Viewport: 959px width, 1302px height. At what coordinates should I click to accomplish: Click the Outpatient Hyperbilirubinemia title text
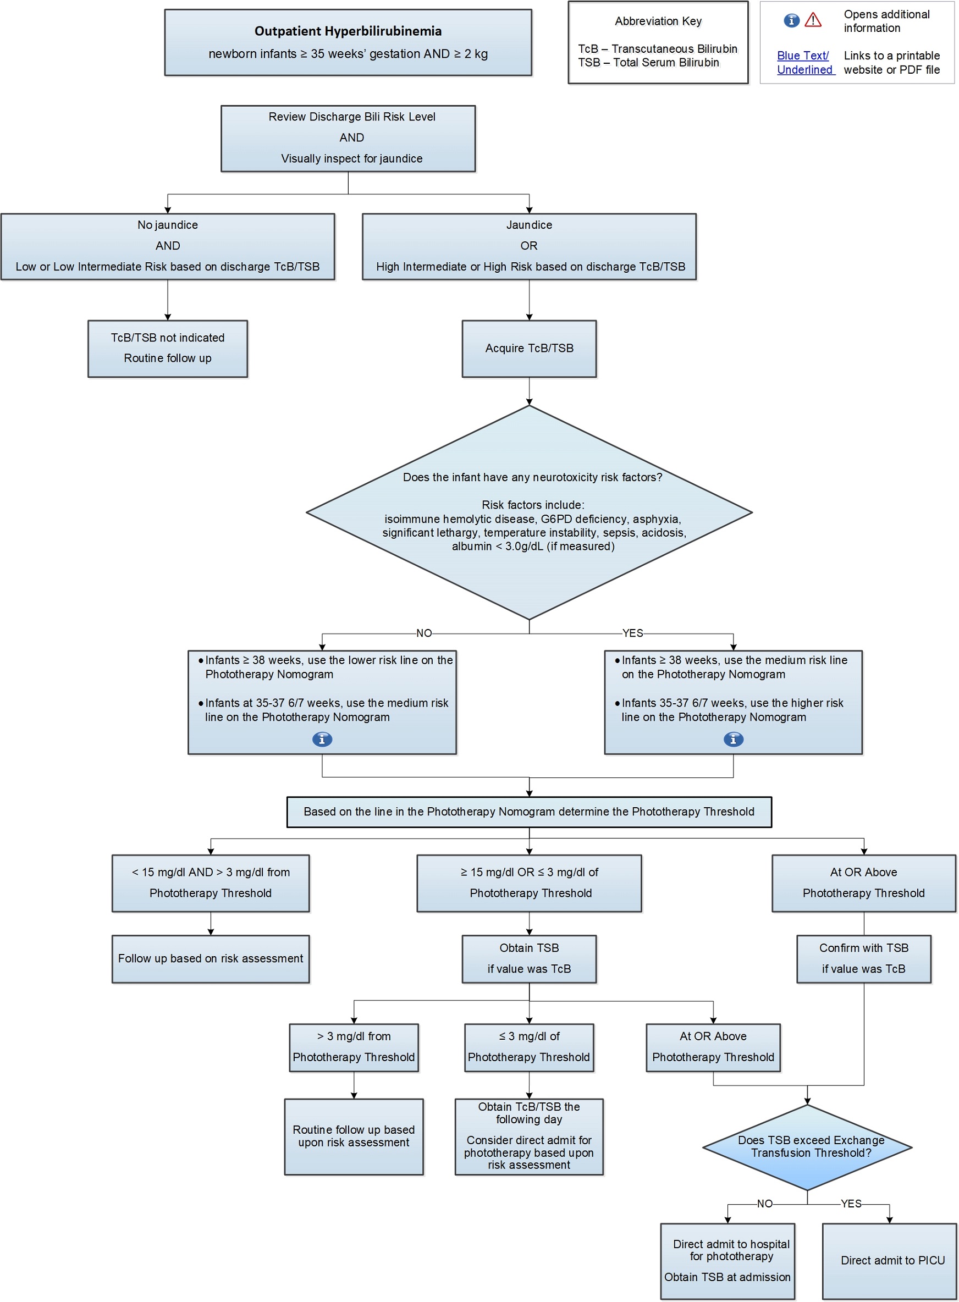click(348, 31)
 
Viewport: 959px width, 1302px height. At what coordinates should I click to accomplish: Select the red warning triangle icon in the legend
click(813, 21)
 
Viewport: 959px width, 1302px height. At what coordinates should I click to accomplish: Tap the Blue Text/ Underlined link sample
click(804, 63)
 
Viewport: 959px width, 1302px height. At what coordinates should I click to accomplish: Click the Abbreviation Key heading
click(658, 21)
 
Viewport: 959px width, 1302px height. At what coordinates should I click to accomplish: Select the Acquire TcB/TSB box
click(529, 348)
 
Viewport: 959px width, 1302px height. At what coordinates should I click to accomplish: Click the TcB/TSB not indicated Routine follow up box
click(167, 348)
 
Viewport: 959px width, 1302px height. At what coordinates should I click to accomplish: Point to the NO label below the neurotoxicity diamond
click(424, 633)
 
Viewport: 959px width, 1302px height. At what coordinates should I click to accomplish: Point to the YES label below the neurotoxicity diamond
click(632, 633)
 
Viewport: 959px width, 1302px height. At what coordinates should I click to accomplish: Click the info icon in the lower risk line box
click(322, 739)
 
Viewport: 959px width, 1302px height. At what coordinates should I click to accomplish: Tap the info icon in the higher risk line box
click(733, 739)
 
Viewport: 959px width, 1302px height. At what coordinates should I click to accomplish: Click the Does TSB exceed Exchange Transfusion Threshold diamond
click(807, 1146)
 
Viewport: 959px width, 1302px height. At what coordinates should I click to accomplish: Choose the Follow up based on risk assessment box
click(210, 958)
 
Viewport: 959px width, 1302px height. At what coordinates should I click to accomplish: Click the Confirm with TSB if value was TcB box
click(863, 958)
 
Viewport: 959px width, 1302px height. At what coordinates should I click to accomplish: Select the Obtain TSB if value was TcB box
click(529, 958)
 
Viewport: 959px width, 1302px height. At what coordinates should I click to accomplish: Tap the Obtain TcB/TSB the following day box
click(529, 1136)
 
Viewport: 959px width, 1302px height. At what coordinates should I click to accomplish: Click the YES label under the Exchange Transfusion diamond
click(851, 1204)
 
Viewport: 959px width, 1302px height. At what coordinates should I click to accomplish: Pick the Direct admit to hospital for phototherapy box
click(727, 1260)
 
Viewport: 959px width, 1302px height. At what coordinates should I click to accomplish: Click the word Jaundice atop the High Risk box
click(529, 225)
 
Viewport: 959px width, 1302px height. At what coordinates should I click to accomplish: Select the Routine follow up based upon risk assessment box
click(354, 1136)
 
